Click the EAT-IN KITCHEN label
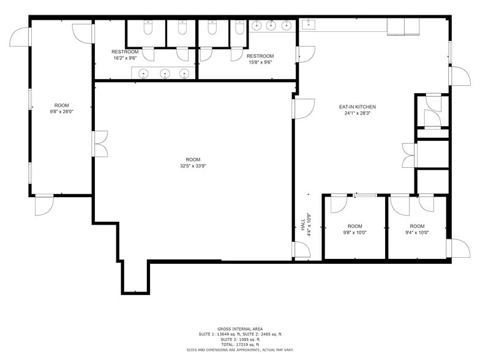[x=357, y=107]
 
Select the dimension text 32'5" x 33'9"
[x=193, y=166]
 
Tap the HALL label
[x=302, y=226]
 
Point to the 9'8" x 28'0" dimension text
[x=62, y=112]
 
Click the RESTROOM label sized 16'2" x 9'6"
[x=125, y=52]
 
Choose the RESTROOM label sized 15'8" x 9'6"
[x=260, y=56]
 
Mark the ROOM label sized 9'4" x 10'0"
[x=417, y=226]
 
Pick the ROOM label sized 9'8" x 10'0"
[x=354, y=226]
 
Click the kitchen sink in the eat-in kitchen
[x=308, y=25]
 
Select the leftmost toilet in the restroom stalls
[x=148, y=28]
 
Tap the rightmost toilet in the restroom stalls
[x=241, y=28]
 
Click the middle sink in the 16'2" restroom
[x=164, y=73]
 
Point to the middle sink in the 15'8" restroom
[x=270, y=25]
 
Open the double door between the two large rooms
[x=100, y=143]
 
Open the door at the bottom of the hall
[x=301, y=250]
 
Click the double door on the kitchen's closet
[x=408, y=155]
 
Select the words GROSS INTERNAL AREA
[x=240, y=329]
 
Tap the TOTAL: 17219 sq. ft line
[x=240, y=344]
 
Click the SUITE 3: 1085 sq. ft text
[x=240, y=339]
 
